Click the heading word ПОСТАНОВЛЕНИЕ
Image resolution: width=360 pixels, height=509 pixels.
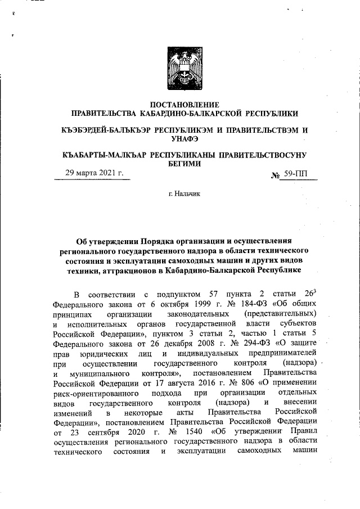point(180,104)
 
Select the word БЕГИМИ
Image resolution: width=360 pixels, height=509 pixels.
point(181,163)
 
